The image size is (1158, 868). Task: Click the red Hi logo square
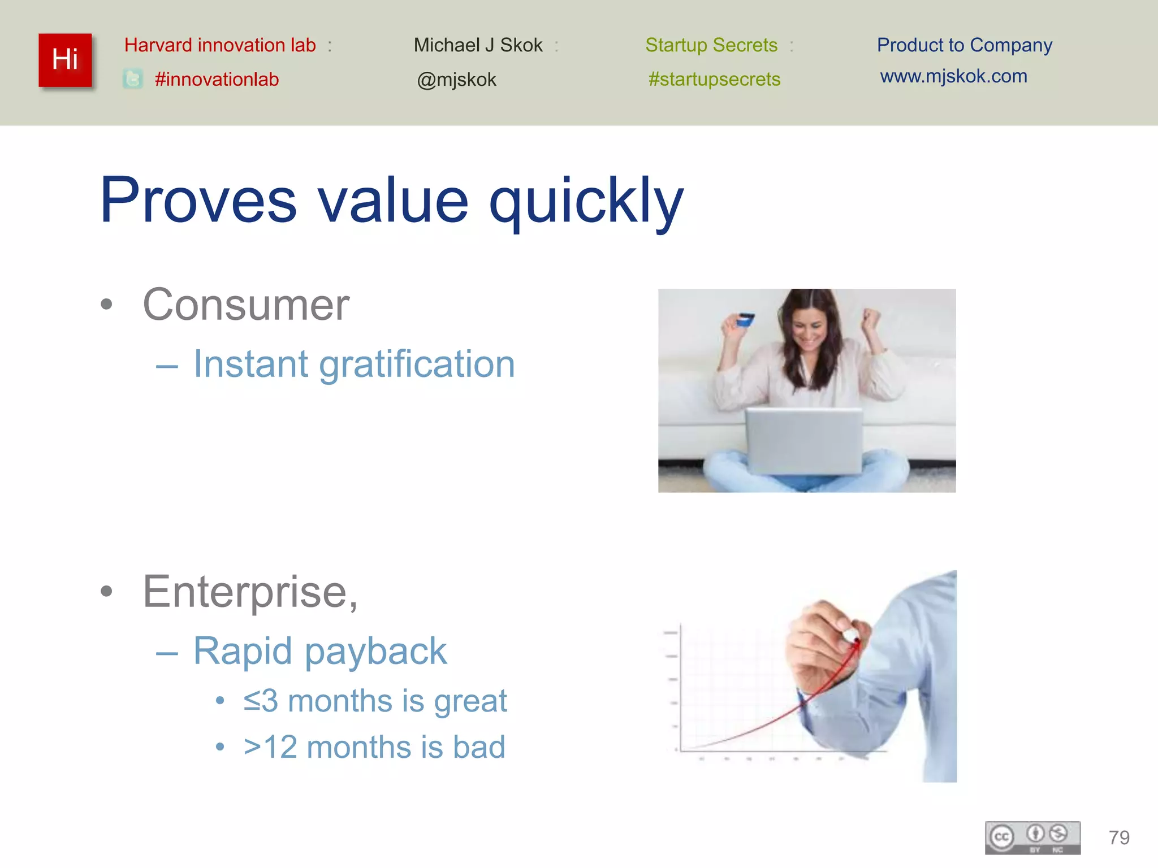pos(65,60)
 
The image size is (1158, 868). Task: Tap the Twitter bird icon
pos(133,79)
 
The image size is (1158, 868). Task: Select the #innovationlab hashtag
pos(217,79)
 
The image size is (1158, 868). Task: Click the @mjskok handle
pos(456,80)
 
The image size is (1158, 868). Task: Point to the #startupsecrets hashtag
pos(714,79)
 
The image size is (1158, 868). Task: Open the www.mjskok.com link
pos(953,76)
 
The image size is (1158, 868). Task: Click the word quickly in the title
pos(586,201)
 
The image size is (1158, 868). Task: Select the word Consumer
pos(246,305)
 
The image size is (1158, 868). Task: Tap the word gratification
pos(417,364)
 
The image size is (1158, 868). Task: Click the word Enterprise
pos(249,592)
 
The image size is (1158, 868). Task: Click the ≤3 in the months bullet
pos(261,701)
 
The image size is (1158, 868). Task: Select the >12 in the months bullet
pos(270,747)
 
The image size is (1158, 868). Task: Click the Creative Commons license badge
pos(1032,837)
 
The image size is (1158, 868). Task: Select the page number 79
pos(1119,837)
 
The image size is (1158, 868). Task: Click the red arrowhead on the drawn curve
pos(856,644)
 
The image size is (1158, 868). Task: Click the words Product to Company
pos(964,45)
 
